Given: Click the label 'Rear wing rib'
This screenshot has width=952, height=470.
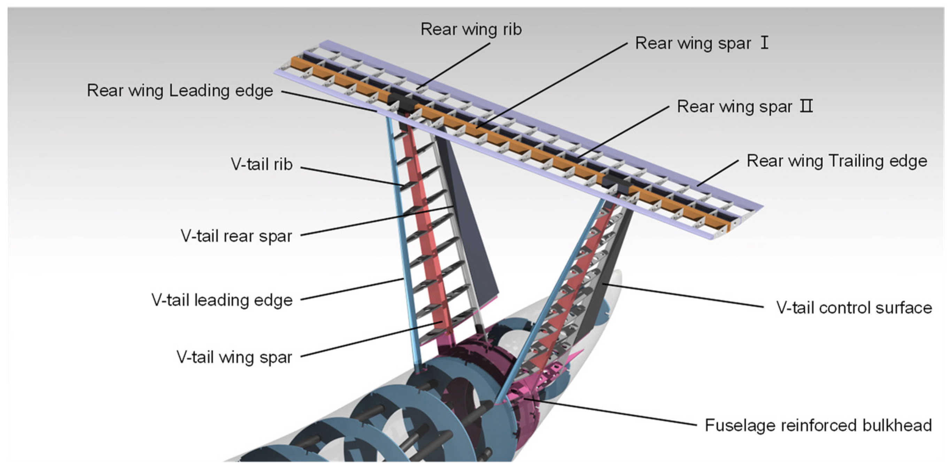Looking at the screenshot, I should pos(471,29).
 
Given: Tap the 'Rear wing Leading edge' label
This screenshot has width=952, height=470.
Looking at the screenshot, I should pos(180,91).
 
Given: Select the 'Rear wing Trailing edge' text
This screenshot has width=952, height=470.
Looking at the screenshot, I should pos(837,161).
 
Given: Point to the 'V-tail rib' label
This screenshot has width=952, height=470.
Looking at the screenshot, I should pos(262,164).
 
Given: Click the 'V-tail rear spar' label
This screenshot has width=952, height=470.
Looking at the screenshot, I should pos(237,236).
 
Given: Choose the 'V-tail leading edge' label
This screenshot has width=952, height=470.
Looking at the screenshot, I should pos(222,300).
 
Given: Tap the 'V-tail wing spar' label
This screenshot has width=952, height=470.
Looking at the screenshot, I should pos(234,357).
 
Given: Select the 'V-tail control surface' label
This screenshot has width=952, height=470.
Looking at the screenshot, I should pos(854,308).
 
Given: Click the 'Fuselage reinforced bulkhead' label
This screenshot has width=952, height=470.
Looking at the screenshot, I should pos(818,425).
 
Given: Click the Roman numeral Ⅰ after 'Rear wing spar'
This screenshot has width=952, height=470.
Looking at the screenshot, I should pos(765,43).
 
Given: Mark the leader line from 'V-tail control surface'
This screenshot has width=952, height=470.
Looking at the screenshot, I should pos(684,296).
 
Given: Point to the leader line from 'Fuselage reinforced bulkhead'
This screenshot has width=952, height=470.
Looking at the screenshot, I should pos(610,412).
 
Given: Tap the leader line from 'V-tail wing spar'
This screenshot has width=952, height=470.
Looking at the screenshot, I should pos(370,340).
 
